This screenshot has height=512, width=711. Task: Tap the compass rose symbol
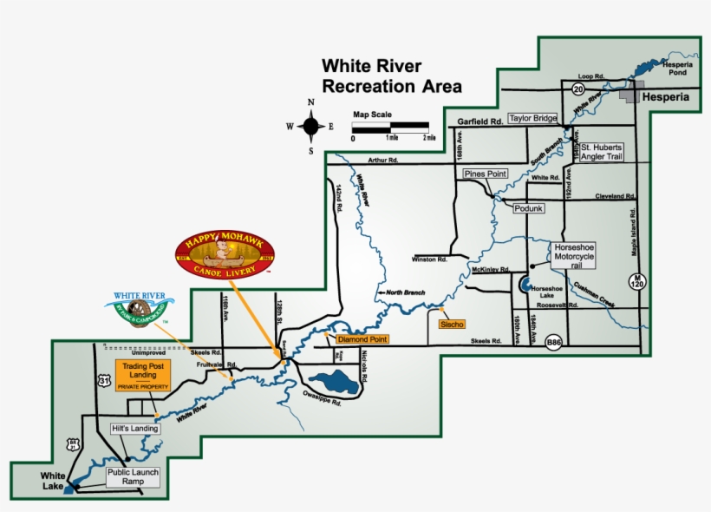click(311, 127)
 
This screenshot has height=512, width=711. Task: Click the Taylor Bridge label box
click(532, 119)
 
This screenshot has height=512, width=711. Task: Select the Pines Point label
click(485, 174)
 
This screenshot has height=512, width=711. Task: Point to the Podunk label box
click(528, 209)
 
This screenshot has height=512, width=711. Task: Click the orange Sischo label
click(452, 324)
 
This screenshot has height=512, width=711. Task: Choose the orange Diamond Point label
click(362, 338)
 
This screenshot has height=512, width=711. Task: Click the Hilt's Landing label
click(134, 429)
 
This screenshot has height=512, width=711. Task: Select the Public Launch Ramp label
click(132, 476)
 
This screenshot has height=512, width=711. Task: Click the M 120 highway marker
click(635, 279)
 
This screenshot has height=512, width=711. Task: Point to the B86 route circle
click(554, 345)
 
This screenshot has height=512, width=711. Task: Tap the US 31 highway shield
click(104, 382)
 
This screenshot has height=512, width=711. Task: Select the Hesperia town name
click(665, 97)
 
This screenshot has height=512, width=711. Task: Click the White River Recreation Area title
click(391, 76)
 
